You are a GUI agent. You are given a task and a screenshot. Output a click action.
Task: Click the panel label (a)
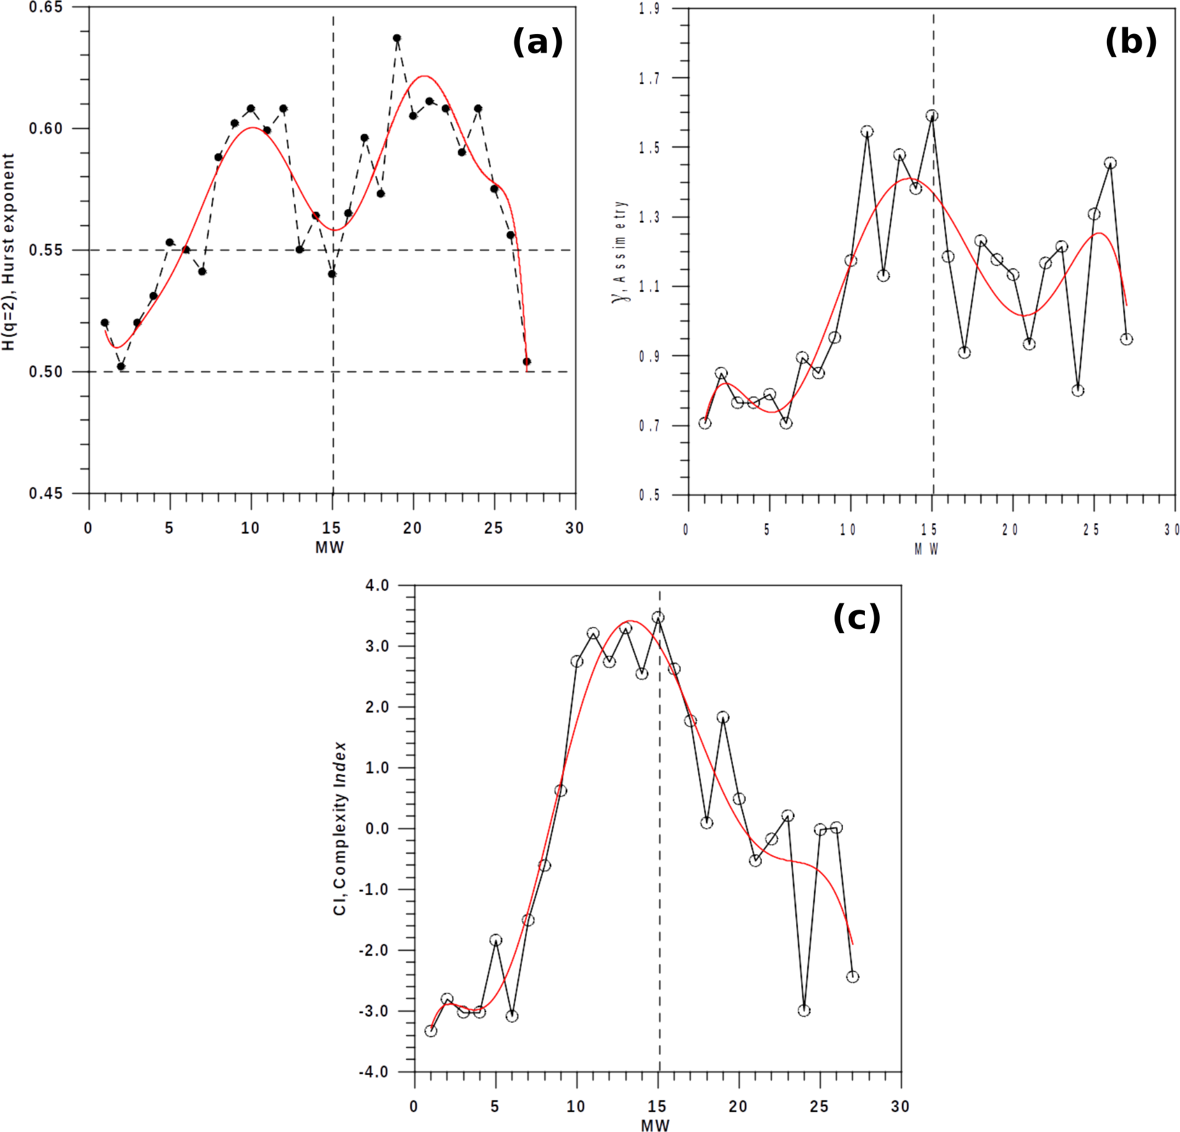[x=537, y=42]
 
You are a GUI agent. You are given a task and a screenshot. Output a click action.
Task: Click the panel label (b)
[x=1130, y=42]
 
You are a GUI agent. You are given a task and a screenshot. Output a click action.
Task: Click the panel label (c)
[x=856, y=617]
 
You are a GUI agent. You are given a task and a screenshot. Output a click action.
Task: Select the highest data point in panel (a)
[x=397, y=38]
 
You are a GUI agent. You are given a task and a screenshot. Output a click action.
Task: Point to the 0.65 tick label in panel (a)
[x=45, y=7]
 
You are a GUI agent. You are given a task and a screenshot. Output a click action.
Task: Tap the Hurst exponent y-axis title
[x=9, y=252]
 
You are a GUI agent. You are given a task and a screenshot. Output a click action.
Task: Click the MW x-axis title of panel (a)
[x=329, y=547]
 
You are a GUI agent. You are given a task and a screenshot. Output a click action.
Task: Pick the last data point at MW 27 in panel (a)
[x=527, y=361]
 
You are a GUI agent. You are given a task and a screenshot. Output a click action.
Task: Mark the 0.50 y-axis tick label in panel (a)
[x=45, y=372]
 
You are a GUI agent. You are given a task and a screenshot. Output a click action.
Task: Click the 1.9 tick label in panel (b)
[x=649, y=9]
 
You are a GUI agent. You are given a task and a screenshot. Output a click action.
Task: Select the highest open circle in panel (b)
[x=932, y=116]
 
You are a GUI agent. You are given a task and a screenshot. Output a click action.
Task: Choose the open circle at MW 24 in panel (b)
[x=1078, y=391]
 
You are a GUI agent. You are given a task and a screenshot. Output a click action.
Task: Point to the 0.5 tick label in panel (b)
[x=649, y=495]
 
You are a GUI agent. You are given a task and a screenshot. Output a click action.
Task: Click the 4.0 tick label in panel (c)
[x=377, y=585]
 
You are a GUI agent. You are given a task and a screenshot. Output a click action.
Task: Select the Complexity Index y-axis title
[x=340, y=829]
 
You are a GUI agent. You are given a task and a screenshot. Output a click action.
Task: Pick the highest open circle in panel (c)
[x=658, y=617]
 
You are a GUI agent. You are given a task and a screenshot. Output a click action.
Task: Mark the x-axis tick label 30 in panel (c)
[x=900, y=1107]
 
